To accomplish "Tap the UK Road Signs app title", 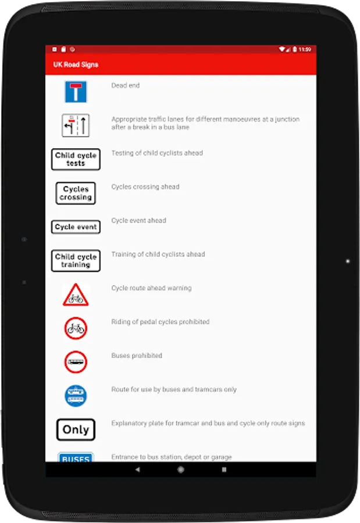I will (x=73, y=65).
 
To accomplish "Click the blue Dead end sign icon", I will (x=76, y=92).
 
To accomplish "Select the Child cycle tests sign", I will (x=76, y=159).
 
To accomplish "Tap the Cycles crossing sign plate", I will (x=76, y=193).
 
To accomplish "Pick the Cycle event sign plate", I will (x=76, y=227).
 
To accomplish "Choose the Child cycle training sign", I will (x=76, y=260).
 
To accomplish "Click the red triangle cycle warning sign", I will (x=76, y=295).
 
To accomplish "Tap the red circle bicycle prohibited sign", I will (x=76, y=328).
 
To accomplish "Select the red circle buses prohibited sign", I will (x=76, y=362).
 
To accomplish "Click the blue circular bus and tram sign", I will (x=76, y=396).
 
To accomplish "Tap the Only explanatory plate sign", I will (x=76, y=430).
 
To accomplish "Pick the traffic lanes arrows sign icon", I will (x=76, y=126).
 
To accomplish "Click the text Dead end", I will (x=126, y=85).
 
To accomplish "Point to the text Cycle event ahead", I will (x=138, y=221).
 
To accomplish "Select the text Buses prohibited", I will (x=137, y=356).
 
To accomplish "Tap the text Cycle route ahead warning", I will (x=151, y=288).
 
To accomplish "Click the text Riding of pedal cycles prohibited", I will (x=160, y=322).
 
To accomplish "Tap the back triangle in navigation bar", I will (x=137, y=470).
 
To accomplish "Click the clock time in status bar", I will (x=305, y=49).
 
